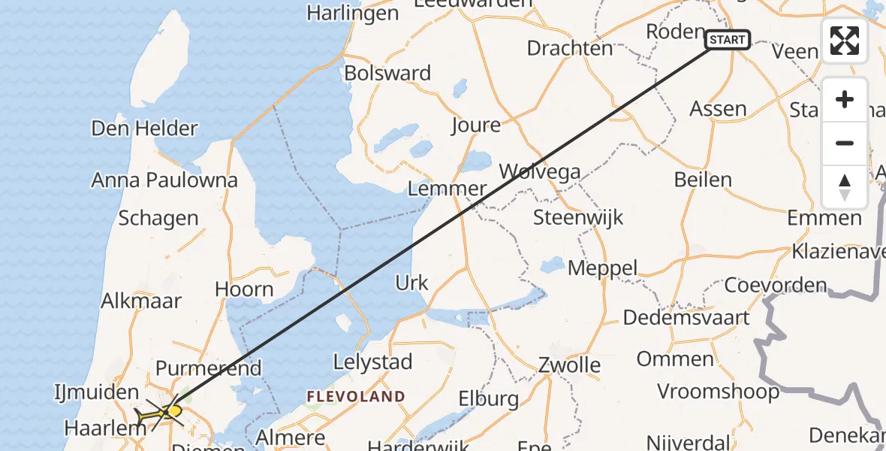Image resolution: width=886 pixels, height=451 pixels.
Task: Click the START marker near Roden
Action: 728,39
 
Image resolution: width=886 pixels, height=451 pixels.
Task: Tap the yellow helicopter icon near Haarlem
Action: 161,412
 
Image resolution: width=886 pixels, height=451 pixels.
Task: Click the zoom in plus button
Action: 845,100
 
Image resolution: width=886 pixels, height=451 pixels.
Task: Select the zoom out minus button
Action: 845,144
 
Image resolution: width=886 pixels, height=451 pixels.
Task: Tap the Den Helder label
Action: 144,128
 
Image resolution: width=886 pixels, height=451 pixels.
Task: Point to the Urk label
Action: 411,283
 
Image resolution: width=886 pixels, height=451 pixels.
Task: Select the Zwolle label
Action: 569,366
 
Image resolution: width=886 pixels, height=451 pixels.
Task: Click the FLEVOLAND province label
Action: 356,396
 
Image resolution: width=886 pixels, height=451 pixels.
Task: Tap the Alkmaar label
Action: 142,301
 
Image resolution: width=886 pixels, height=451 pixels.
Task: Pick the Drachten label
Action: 570,48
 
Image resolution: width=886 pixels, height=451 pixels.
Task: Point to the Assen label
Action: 718,109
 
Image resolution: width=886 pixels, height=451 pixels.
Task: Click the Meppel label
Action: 602,268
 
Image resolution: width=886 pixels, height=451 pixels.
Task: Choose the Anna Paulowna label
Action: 164,180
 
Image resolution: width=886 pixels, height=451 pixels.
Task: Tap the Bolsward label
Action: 387,73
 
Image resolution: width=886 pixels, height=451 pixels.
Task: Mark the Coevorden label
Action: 775,286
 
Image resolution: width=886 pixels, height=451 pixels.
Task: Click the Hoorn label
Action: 244,289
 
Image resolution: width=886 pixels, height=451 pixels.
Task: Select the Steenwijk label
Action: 578,218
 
